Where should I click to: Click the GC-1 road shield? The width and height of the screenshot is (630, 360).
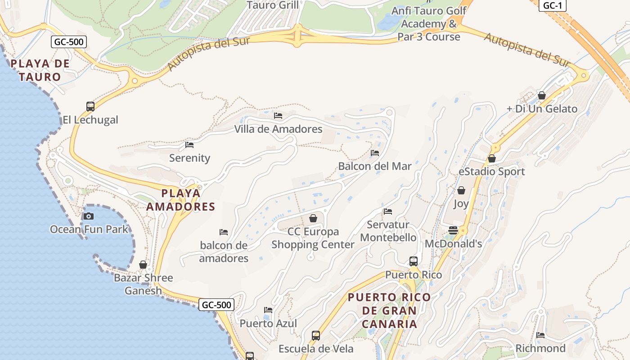[x=552, y=5]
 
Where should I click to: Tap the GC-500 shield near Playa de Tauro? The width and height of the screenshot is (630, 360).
[x=69, y=42]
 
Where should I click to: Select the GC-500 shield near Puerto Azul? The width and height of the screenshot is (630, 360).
[x=216, y=305]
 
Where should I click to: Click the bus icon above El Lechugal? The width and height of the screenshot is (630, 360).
[x=90, y=107]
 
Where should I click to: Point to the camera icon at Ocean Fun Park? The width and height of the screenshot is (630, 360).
[x=89, y=216]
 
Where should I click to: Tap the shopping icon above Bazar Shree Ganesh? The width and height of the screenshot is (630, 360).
[x=143, y=265]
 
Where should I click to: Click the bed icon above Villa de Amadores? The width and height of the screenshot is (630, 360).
[x=278, y=116]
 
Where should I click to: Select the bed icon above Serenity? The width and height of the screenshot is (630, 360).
[x=189, y=145]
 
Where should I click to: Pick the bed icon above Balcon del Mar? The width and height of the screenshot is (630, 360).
[x=375, y=153]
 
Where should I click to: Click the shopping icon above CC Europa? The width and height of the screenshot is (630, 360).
[x=313, y=219]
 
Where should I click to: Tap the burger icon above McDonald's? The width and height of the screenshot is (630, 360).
[x=453, y=230]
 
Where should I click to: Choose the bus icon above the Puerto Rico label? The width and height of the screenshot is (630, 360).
[x=414, y=261]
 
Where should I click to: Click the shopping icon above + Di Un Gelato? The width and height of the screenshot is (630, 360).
[x=542, y=95]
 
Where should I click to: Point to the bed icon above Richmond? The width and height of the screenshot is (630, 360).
[x=540, y=335]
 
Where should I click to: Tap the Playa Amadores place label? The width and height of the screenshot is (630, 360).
[x=181, y=200]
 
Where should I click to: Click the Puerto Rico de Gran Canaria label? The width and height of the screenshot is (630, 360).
[x=389, y=310]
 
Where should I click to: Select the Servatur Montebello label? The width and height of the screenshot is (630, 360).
[x=388, y=231]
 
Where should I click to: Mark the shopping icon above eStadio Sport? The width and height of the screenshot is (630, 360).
[x=492, y=158]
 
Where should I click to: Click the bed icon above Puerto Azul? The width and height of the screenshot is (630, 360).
[x=268, y=310]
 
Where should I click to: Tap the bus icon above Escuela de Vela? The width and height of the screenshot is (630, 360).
[x=316, y=336]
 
